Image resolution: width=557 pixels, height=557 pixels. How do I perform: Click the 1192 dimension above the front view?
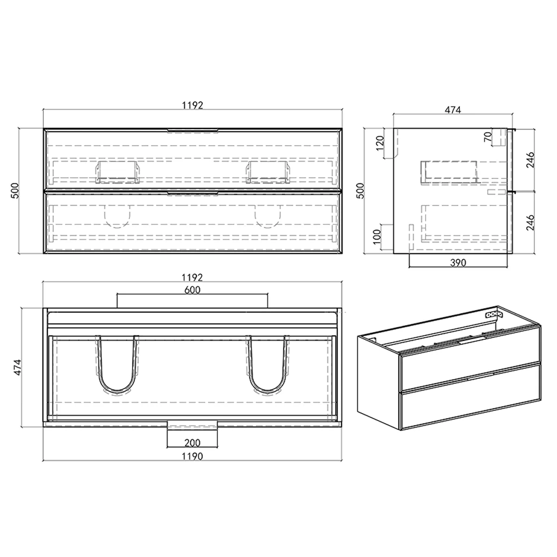192,105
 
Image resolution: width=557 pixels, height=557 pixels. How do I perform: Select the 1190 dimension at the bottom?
192,456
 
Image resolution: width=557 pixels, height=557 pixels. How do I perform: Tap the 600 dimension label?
192,290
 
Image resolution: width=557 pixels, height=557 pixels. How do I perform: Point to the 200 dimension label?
192,442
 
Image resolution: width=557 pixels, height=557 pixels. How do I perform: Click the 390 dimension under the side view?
458,263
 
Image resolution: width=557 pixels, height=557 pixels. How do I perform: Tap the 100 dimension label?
377,237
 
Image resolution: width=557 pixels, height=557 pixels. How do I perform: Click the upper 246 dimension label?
531,160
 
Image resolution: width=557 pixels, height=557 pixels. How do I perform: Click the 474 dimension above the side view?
453,110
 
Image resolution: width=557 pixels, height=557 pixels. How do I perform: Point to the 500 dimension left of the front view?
15,191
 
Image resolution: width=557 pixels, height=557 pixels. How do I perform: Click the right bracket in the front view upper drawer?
267,171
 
